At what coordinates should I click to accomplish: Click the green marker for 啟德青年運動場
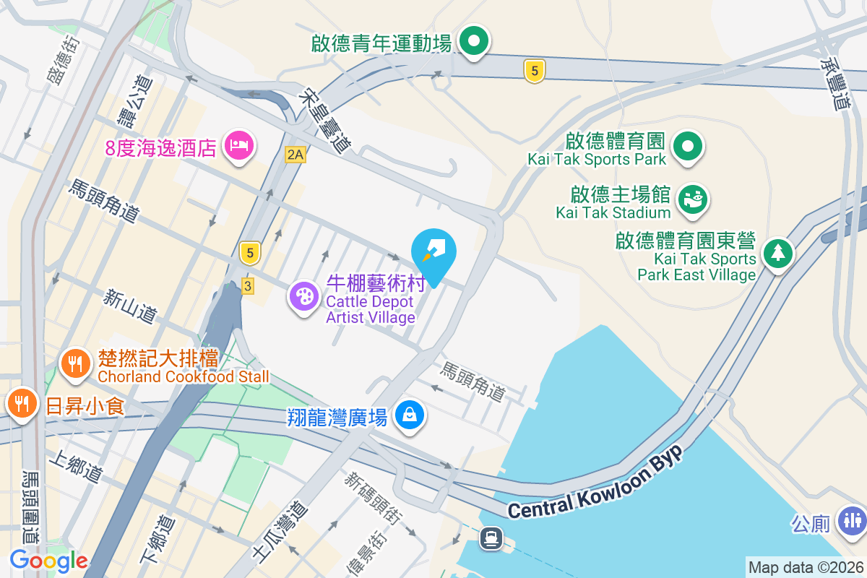(x=474, y=41)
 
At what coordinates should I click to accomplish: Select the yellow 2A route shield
(x=295, y=154)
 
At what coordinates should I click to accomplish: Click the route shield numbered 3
(x=248, y=286)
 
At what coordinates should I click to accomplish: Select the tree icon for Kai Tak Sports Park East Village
(x=777, y=254)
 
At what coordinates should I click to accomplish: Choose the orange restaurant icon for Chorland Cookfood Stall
(x=75, y=362)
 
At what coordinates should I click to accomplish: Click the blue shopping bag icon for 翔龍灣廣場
(x=410, y=415)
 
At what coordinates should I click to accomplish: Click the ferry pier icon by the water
(x=492, y=538)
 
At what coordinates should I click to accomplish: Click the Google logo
(x=48, y=560)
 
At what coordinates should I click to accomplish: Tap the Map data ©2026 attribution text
(x=805, y=567)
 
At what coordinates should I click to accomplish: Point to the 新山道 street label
(x=130, y=306)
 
